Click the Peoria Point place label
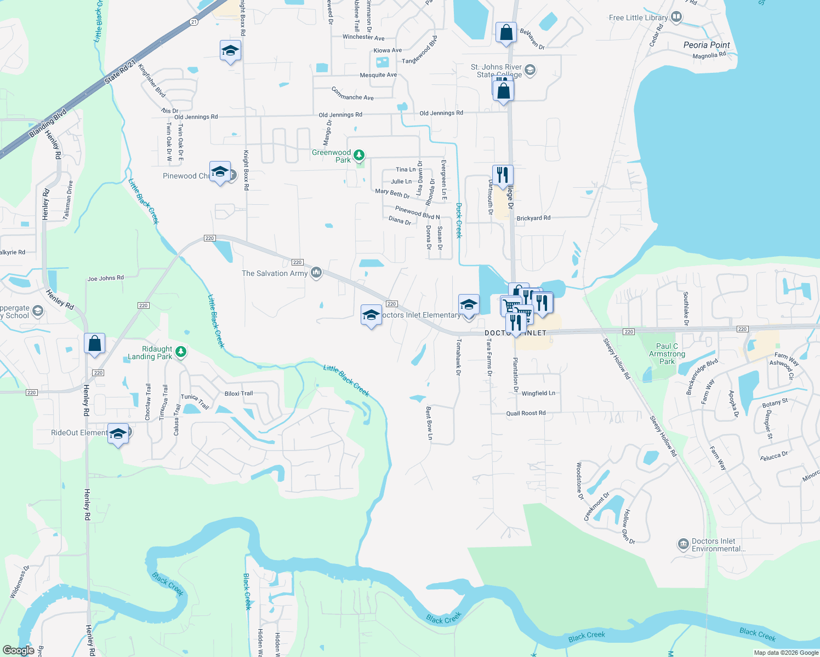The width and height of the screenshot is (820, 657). pyautogui.click(x=707, y=45)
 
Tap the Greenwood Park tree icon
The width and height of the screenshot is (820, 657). pyautogui.click(x=359, y=156)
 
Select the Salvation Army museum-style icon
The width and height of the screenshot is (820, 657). pyautogui.click(x=316, y=273)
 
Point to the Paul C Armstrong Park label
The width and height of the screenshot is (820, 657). pyautogui.click(x=667, y=354)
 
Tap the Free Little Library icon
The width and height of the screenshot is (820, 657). pyautogui.click(x=676, y=17)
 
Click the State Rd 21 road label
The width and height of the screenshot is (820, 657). pyautogui.click(x=120, y=70)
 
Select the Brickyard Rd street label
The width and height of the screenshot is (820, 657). pyautogui.click(x=533, y=218)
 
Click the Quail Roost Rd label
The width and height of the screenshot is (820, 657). pyautogui.click(x=526, y=413)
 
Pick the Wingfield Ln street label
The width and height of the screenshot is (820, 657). pyautogui.click(x=538, y=393)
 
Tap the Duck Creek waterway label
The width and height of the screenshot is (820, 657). pyautogui.click(x=459, y=220)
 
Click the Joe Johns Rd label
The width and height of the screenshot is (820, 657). pyautogui.click(x=106, y=278)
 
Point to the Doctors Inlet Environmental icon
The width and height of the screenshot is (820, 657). pyautogui.click(x=683, y=544)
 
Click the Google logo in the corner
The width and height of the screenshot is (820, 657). pyautogui.click(x=19, y=650)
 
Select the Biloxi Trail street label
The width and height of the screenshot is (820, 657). pyautogui.click(x=238, y=393)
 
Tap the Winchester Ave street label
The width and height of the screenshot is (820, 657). pyautogui.click(x=363, y=37)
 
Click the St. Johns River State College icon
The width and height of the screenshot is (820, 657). pyautogui.click(x=529, y=70)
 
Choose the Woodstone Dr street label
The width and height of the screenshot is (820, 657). pyautogui.click(x=579, y=481)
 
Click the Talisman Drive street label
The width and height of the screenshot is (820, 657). pyautogui.click(x=68, y=200)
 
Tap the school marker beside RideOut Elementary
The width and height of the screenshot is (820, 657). pyautogui.click(x=118, y=434)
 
